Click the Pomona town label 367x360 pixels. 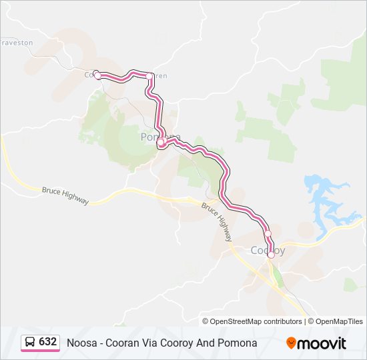[160, 137]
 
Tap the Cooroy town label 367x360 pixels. [267, 251]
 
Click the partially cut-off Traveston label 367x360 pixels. [17, 42]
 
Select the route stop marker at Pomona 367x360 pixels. [161, 142]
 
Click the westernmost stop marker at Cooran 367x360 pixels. [97, 76]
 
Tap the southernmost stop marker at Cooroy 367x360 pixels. [271, 255]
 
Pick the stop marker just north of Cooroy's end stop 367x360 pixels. [268, 233]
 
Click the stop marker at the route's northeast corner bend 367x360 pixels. [149, 77]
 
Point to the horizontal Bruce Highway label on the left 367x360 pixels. [65, 195]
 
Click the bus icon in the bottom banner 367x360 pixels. [30, 342]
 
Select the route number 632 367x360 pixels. [47, 342]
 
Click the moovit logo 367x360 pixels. [316, 343]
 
